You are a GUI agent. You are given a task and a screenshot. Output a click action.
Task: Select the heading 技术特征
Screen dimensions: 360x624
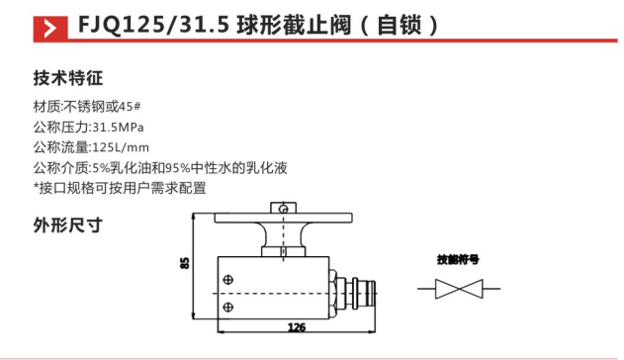68,77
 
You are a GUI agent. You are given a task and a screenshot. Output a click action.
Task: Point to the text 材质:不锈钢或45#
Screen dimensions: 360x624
90,108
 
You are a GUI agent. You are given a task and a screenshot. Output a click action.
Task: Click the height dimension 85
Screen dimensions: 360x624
184,264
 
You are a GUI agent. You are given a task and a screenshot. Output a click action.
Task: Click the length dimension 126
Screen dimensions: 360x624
295,326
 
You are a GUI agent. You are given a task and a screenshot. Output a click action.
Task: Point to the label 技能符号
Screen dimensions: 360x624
458,259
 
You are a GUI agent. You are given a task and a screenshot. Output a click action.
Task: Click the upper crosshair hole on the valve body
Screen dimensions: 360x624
230,279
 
